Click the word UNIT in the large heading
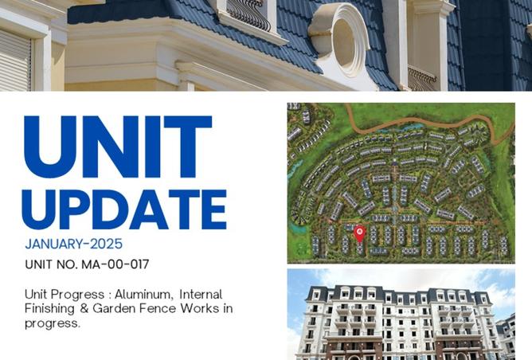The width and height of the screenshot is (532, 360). click(118, 147)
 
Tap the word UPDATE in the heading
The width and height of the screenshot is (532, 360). click(124, 209)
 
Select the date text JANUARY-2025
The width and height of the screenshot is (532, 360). click(73, 244)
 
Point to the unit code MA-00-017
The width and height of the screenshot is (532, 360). click(115, 264)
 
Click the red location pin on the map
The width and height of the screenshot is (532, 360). click(359, 234)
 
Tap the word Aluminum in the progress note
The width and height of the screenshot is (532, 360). click(144, 294)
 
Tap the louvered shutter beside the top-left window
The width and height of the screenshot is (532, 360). click(15, 61)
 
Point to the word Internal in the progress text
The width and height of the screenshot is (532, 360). click(201, 294)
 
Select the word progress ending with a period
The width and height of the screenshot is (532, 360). click(53, 323)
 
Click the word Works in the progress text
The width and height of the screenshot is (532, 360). click(199, 308)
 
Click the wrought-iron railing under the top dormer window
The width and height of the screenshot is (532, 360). click(248, 14)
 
